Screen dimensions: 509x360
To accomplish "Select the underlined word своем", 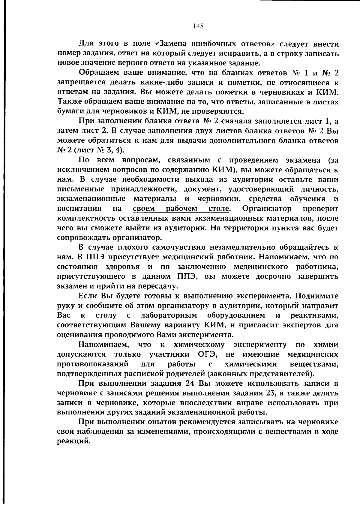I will (144, 208).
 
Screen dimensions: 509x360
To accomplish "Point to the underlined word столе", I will (219, 208).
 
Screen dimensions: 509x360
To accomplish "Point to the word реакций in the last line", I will (73, 441).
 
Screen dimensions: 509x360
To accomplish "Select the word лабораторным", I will (168, 315).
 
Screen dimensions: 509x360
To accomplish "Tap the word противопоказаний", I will (93, 364).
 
